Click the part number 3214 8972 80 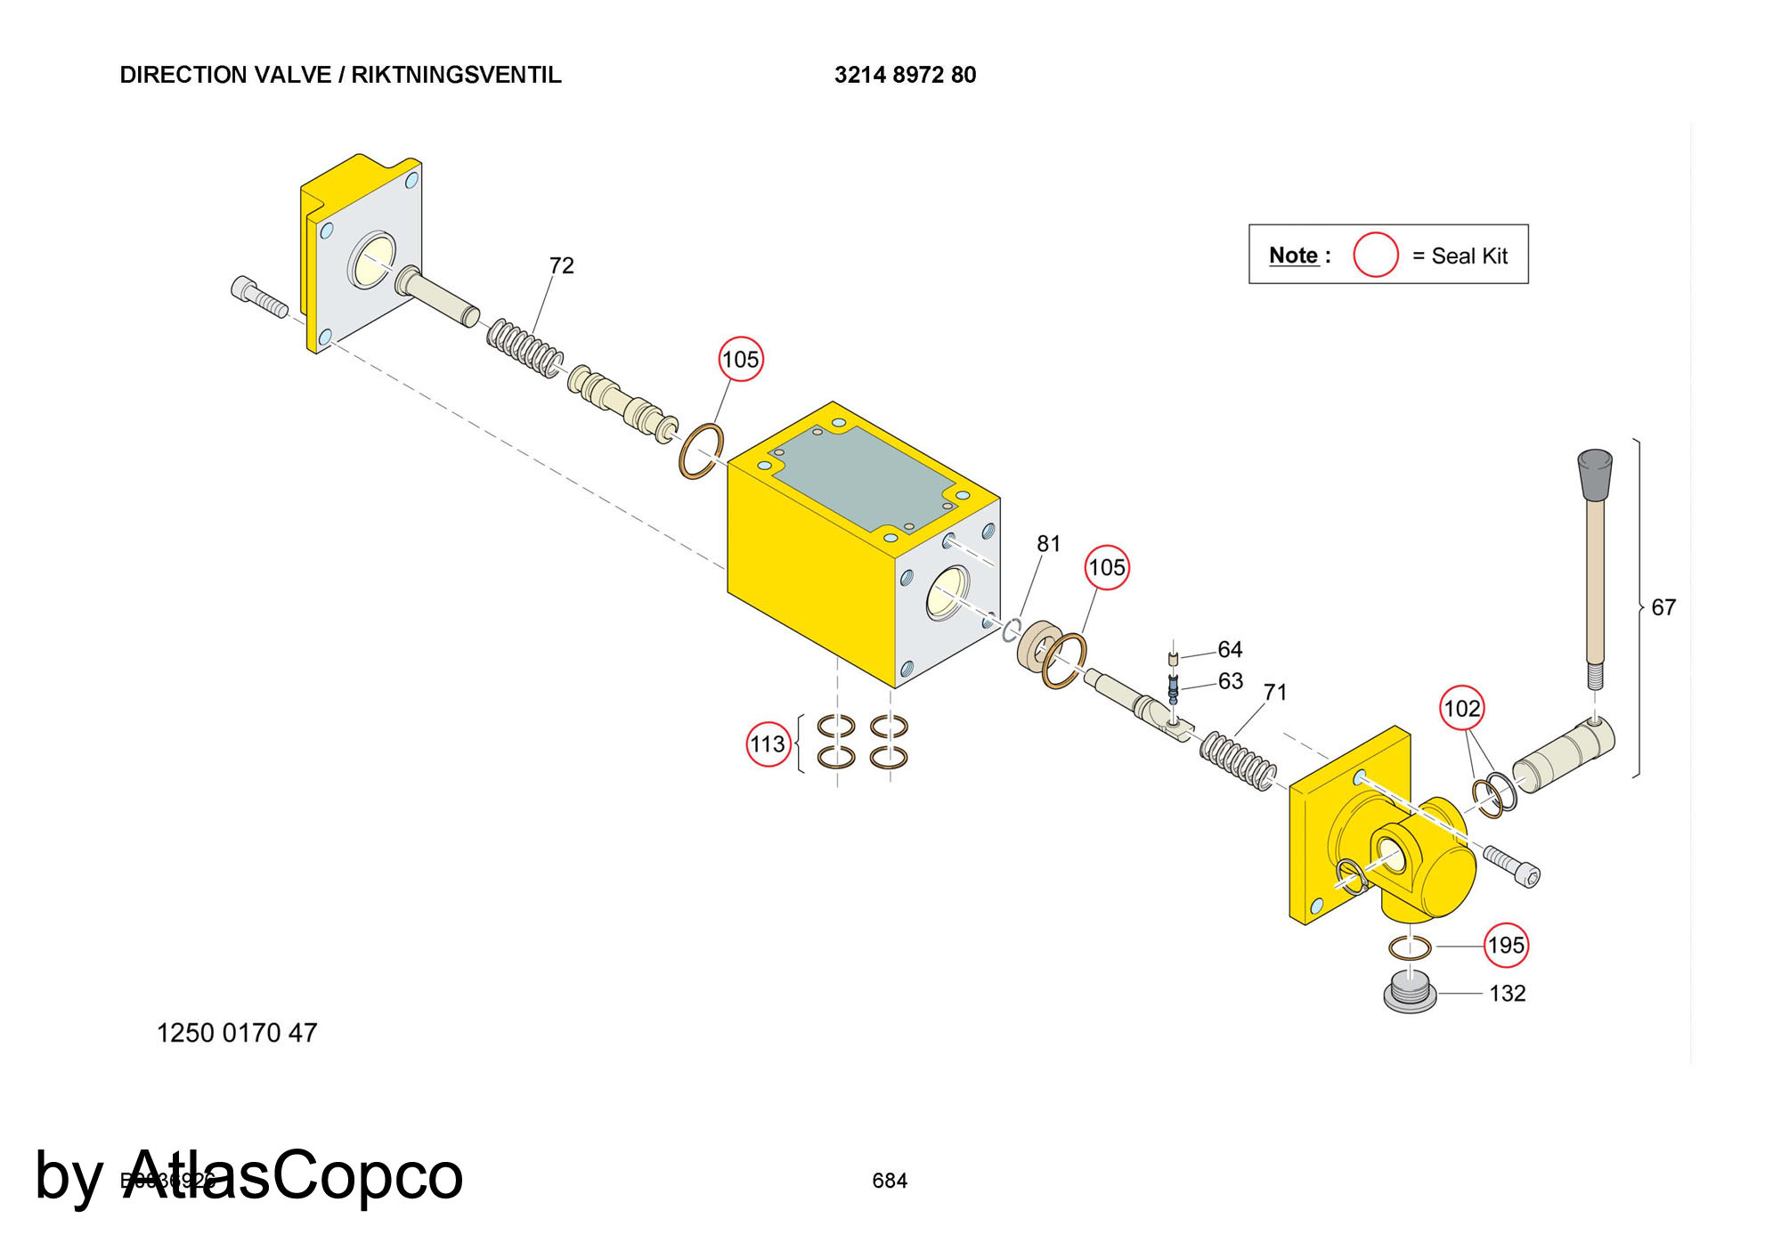coord(905,75)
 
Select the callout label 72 coord(561,265)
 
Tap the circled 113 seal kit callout coord(767,744)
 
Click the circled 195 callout coord(1506,945)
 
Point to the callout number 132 coord(1507,993)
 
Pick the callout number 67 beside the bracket coord(1663,607)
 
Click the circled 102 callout coord(1461,709)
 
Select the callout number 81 coord(1048,543)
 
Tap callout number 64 coord(1229,649)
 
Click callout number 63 coord(1230,681)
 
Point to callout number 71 coord(1274,692)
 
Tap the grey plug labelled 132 coord(1410,994)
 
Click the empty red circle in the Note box coord(1375,255)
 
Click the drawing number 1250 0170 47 coord(237,1033)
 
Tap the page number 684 coord(889,1181)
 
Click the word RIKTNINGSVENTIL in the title coord(456,75)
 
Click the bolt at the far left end coord(258,296)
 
